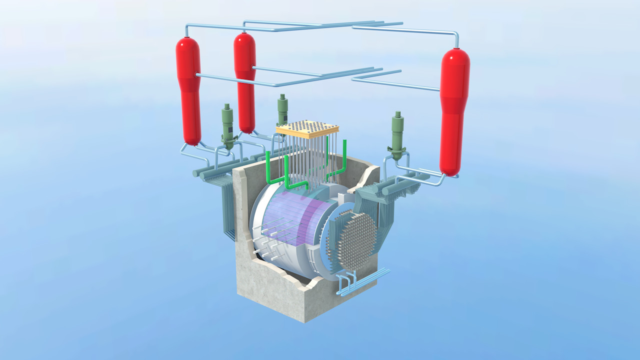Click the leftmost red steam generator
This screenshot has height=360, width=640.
188,90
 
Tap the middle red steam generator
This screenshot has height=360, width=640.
245,80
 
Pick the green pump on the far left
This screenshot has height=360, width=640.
228,125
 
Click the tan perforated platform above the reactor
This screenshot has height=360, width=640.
307,129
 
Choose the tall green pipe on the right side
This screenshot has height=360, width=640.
344,157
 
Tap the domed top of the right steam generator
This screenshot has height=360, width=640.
455,55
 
